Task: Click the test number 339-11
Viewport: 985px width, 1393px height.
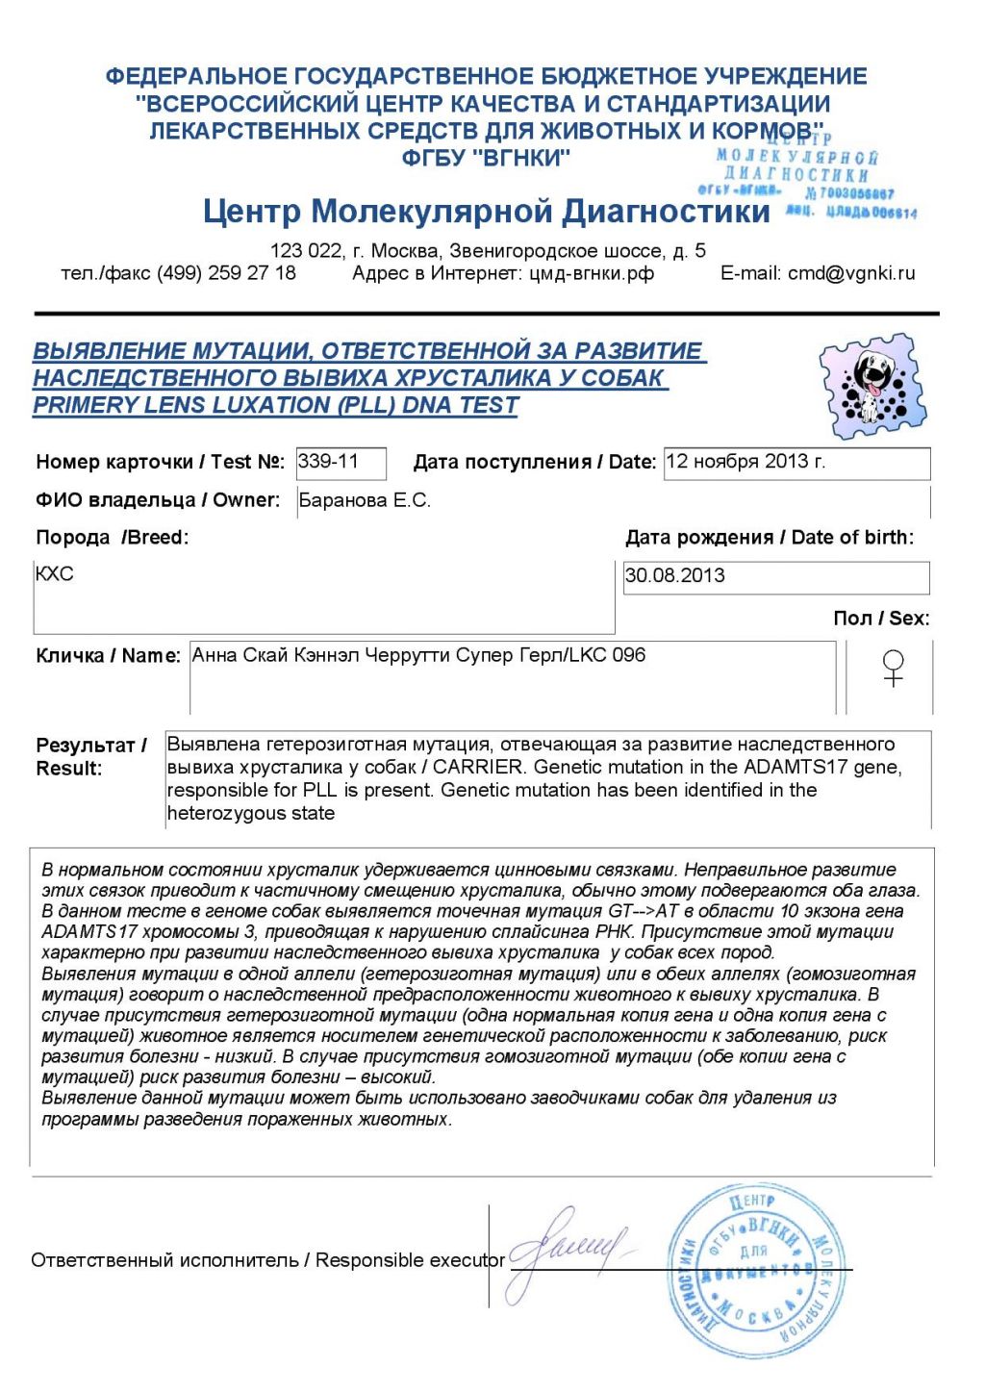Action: pos(328,462)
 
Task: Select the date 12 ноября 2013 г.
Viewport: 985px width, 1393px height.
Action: pos(745,462)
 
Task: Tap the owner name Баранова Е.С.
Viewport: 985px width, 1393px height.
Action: pos(365,501)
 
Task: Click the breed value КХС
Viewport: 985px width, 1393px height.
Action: pos(54,574)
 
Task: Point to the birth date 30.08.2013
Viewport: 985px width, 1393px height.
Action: pos(675,576)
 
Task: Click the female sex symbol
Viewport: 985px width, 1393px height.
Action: pos(893,668)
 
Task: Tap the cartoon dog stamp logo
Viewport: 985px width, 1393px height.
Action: pos(872,385)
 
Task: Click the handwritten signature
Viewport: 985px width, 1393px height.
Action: pos(568,1250)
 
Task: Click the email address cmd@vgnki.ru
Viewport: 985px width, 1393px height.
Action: pos(851,273)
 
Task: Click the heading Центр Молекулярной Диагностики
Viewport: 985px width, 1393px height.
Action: pos(487,211)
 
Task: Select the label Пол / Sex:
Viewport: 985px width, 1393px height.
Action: pos(881,619)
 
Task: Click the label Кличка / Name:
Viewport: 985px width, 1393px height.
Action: pos(108,656)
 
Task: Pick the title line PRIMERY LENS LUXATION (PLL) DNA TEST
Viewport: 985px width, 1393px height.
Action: pos(276,406)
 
